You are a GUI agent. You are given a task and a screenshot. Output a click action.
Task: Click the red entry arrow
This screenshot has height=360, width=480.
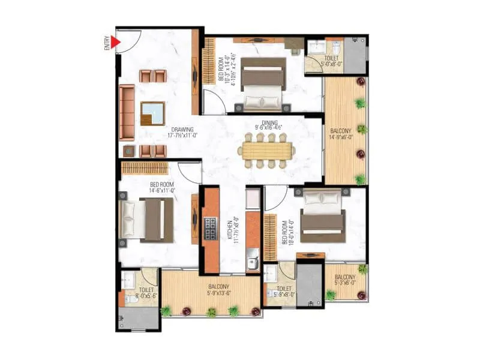click(x=116, y=42)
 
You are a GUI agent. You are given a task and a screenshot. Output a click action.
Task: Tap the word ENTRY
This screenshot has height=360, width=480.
click(x=107, y=43)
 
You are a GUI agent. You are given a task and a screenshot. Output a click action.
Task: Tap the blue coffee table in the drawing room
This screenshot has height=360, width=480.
click(x=152, y=113)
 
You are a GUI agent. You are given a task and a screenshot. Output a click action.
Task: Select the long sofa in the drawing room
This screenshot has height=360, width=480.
click(x=127, y=112)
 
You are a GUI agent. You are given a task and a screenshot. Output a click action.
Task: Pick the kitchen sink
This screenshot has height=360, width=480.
click(x=253, y=262)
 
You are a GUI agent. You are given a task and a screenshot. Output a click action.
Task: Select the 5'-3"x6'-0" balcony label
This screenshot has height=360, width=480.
click(x=346, y=280)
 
